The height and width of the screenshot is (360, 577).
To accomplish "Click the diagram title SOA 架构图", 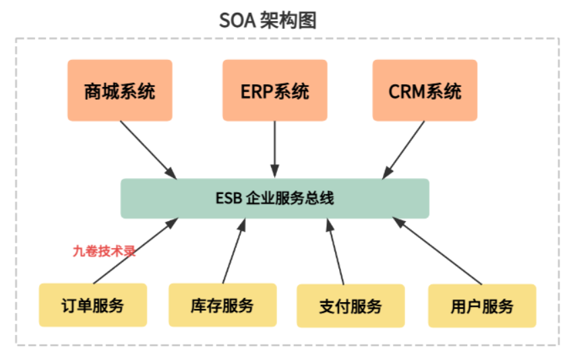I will point(268,20).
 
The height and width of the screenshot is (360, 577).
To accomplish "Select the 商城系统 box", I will point(119,90).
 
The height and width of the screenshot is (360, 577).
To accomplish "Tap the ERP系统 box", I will point(274,90).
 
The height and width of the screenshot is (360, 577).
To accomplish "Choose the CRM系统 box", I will point(425,90).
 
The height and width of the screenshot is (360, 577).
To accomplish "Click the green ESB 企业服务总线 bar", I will point(274,198).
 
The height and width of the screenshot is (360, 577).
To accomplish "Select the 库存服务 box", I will point(222,305).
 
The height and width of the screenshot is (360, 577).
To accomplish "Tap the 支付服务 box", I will point(351,306).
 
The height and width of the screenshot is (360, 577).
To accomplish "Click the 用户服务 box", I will point(482,306).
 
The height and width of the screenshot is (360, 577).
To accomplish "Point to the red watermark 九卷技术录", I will point(104,251).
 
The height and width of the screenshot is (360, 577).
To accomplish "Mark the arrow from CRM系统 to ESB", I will point(404,149).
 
